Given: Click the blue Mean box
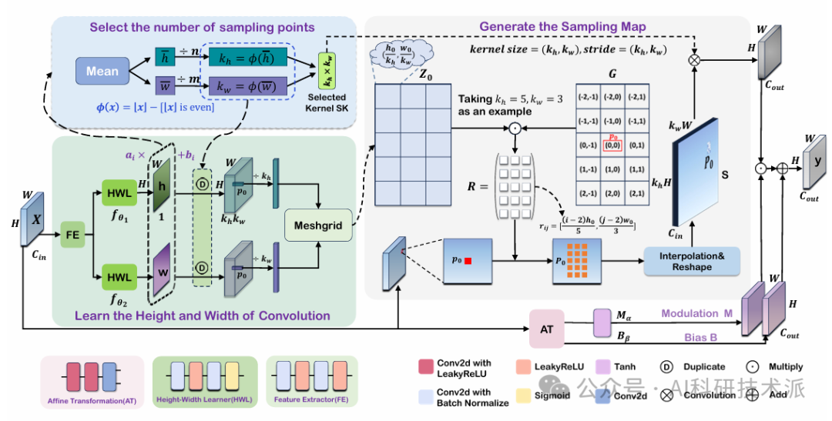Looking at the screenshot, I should coord(102,71).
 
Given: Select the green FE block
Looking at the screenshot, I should coord(72,231).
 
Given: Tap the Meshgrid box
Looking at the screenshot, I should coord(317,225).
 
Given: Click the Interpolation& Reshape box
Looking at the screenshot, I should coord(691,261).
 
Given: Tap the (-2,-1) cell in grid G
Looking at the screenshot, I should coord(589,96).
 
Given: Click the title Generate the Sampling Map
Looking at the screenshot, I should coord(562,27).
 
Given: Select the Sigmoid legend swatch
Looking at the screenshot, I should coord(524,396).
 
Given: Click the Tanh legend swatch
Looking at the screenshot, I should coord(601,367).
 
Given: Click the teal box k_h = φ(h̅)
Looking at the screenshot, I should coord(249,58).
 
